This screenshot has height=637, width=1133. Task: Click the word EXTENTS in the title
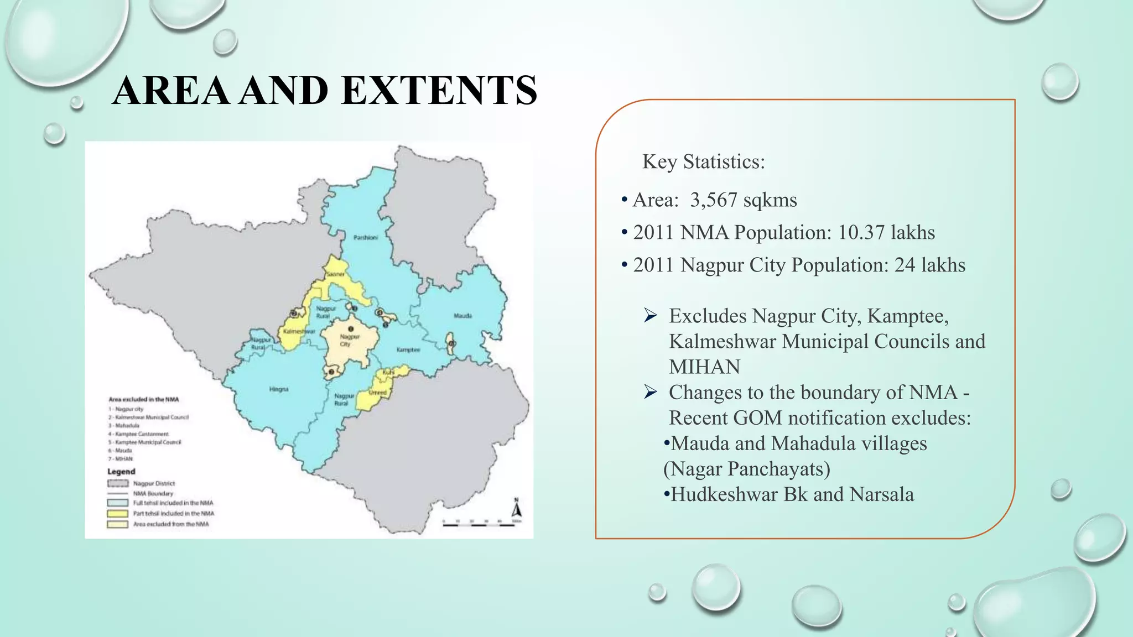pos(439,90)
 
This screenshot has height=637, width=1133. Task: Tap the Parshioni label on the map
pos(366,238)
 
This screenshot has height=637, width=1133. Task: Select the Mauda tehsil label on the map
pos(462,316)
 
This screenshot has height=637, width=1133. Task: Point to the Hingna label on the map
pos(279,389)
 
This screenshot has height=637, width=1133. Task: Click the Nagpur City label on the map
pos(349,340)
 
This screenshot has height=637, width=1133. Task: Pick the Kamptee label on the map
pos(408,350)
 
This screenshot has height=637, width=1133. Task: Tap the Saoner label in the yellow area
pos(335,274)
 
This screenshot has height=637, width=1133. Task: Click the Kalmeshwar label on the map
pos(299,332)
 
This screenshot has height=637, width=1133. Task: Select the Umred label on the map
pos(378,393)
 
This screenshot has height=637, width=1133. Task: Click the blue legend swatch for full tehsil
pos(117,503)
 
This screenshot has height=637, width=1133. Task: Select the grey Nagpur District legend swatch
pos(117,483)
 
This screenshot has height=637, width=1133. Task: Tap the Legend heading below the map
pos(121,472)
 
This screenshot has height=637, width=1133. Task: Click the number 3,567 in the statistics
pos(713,200)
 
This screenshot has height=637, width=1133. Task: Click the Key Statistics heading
pos(703,161)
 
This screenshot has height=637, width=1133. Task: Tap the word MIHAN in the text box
pos(704,367)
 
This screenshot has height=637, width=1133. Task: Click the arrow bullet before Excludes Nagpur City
pos(650,316)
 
